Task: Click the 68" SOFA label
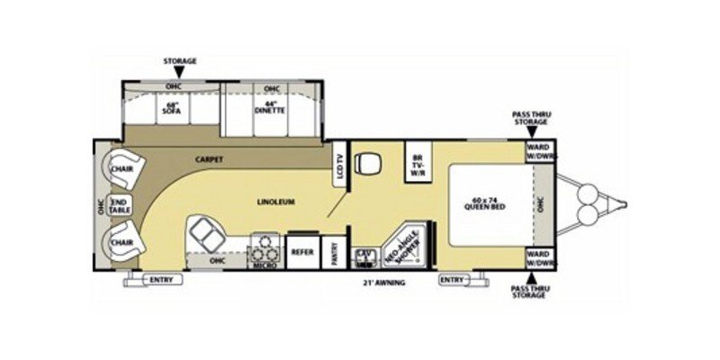174,109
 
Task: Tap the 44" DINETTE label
272,109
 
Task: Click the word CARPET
208,159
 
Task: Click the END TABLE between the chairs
120,204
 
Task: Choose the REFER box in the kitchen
301,252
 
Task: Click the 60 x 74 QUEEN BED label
485,202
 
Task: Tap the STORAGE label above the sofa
179,61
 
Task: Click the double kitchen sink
204,237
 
